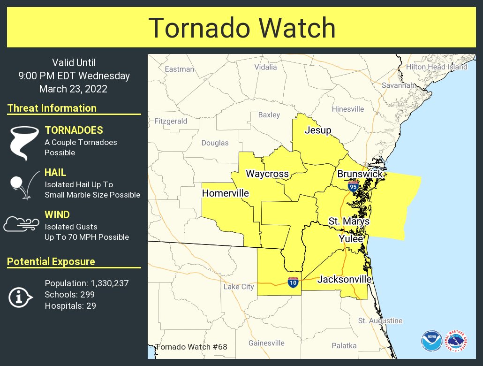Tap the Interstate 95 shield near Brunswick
click(x=353, y=186)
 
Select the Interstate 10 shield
click(x=293, y=282)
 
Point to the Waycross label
click(x=267, y=174)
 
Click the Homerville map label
click(x=225, y=193)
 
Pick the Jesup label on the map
click(x=318, y=130)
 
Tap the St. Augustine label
click(x=380, y=321)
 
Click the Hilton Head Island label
click(x=437, y=67)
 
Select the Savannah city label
click(x=398, y=85)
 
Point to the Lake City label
click(x=238, y=287)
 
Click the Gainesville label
click(x=266, y=343)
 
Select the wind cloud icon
click(x=21, y=225)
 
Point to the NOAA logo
click(x=431, y=341)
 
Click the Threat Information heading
click(x=52, y=108)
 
